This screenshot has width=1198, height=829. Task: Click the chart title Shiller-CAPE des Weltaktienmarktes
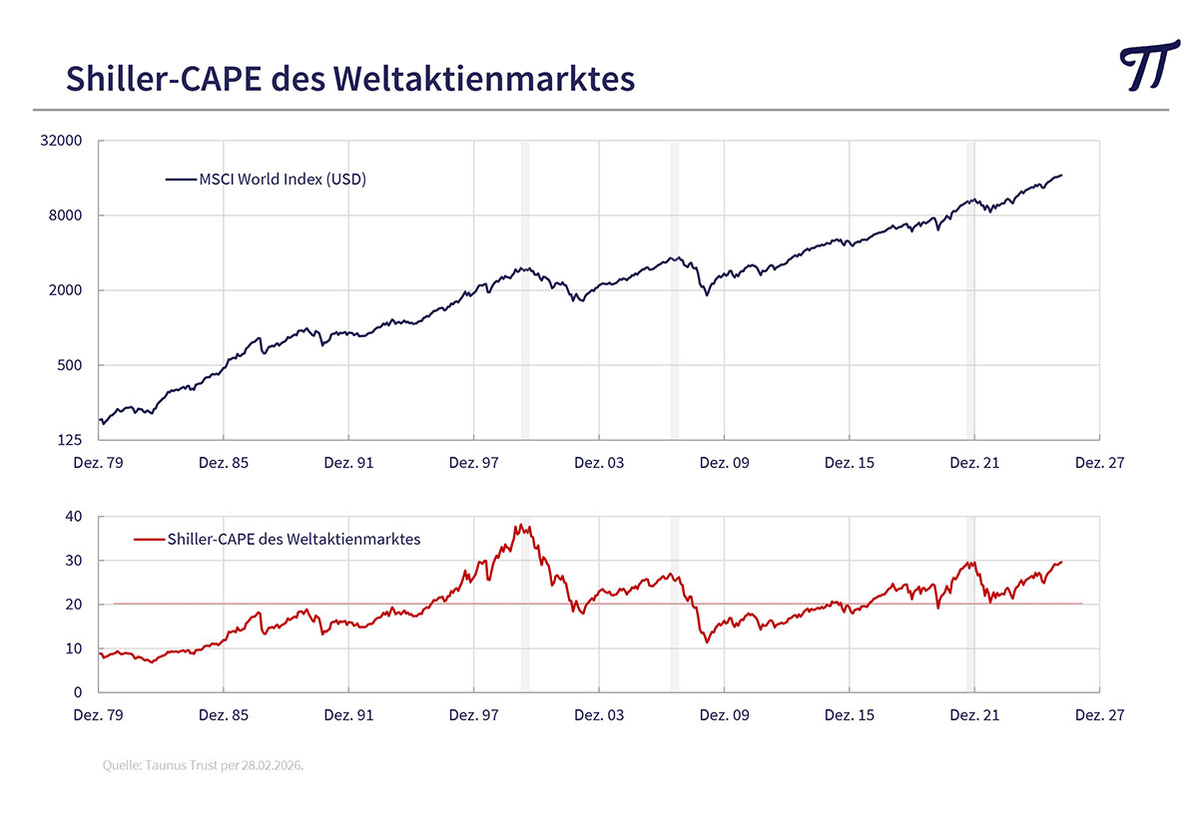point(349,78)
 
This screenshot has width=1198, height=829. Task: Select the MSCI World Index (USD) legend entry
point(267,180)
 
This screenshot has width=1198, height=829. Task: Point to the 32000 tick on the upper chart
point(62,141)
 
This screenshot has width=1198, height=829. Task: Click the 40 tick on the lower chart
point(74,517)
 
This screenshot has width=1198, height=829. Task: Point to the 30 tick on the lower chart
point(74,561)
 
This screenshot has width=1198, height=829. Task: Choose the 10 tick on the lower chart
point(74,648)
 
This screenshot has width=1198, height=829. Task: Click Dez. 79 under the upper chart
point(99,463)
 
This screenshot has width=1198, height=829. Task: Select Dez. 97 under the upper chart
point(473,463)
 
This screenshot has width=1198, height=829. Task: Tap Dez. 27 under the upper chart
point(1098,463)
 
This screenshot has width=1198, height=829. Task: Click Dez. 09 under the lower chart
point(724,715)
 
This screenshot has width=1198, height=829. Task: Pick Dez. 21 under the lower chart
point(973,715)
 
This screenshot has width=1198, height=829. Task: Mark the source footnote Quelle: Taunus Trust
point(203,765)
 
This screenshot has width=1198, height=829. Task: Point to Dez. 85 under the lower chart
point(224,715)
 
